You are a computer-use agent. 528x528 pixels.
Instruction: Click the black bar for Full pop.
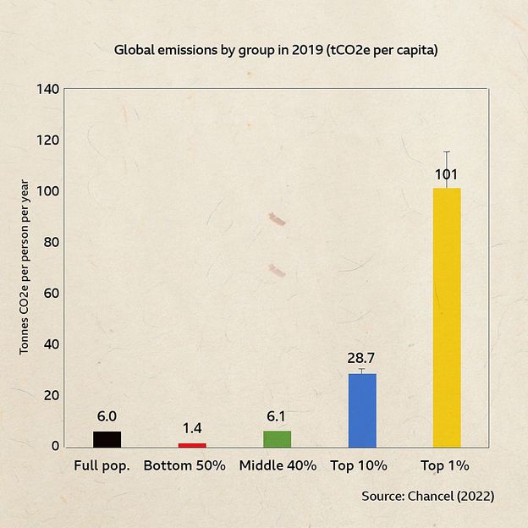click(x=107, y=438)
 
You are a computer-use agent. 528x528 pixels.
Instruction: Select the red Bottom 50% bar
click(x=192, y=444)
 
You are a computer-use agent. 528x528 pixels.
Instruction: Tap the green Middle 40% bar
click(x=277, y=438)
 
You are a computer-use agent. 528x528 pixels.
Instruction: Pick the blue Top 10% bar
click(x=362, y=410)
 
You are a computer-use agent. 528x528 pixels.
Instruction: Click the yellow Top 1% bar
click(x=447, y=317)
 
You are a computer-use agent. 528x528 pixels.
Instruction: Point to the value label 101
click(x=447, y=175)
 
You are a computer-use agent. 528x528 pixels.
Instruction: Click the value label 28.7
click(x=361, y=358)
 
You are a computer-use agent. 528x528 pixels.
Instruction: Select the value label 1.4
click(x=192, y=428)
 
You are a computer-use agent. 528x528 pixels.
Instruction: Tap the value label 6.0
click(x=107, y=416)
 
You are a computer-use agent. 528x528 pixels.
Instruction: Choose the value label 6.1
click(x=277, y=416)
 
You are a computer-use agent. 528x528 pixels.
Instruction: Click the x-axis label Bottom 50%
click(x=184, y=465)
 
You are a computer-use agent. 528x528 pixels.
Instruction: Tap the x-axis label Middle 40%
click(x=278, y=465)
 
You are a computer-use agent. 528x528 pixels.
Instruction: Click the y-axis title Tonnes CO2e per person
click(x=25, y=267)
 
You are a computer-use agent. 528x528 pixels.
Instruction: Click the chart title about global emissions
click(x=276, y=50)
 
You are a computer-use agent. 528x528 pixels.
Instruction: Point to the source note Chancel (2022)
click(x=427, y=496)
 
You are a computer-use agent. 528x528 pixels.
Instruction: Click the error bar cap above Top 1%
click(x=447, y=151)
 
